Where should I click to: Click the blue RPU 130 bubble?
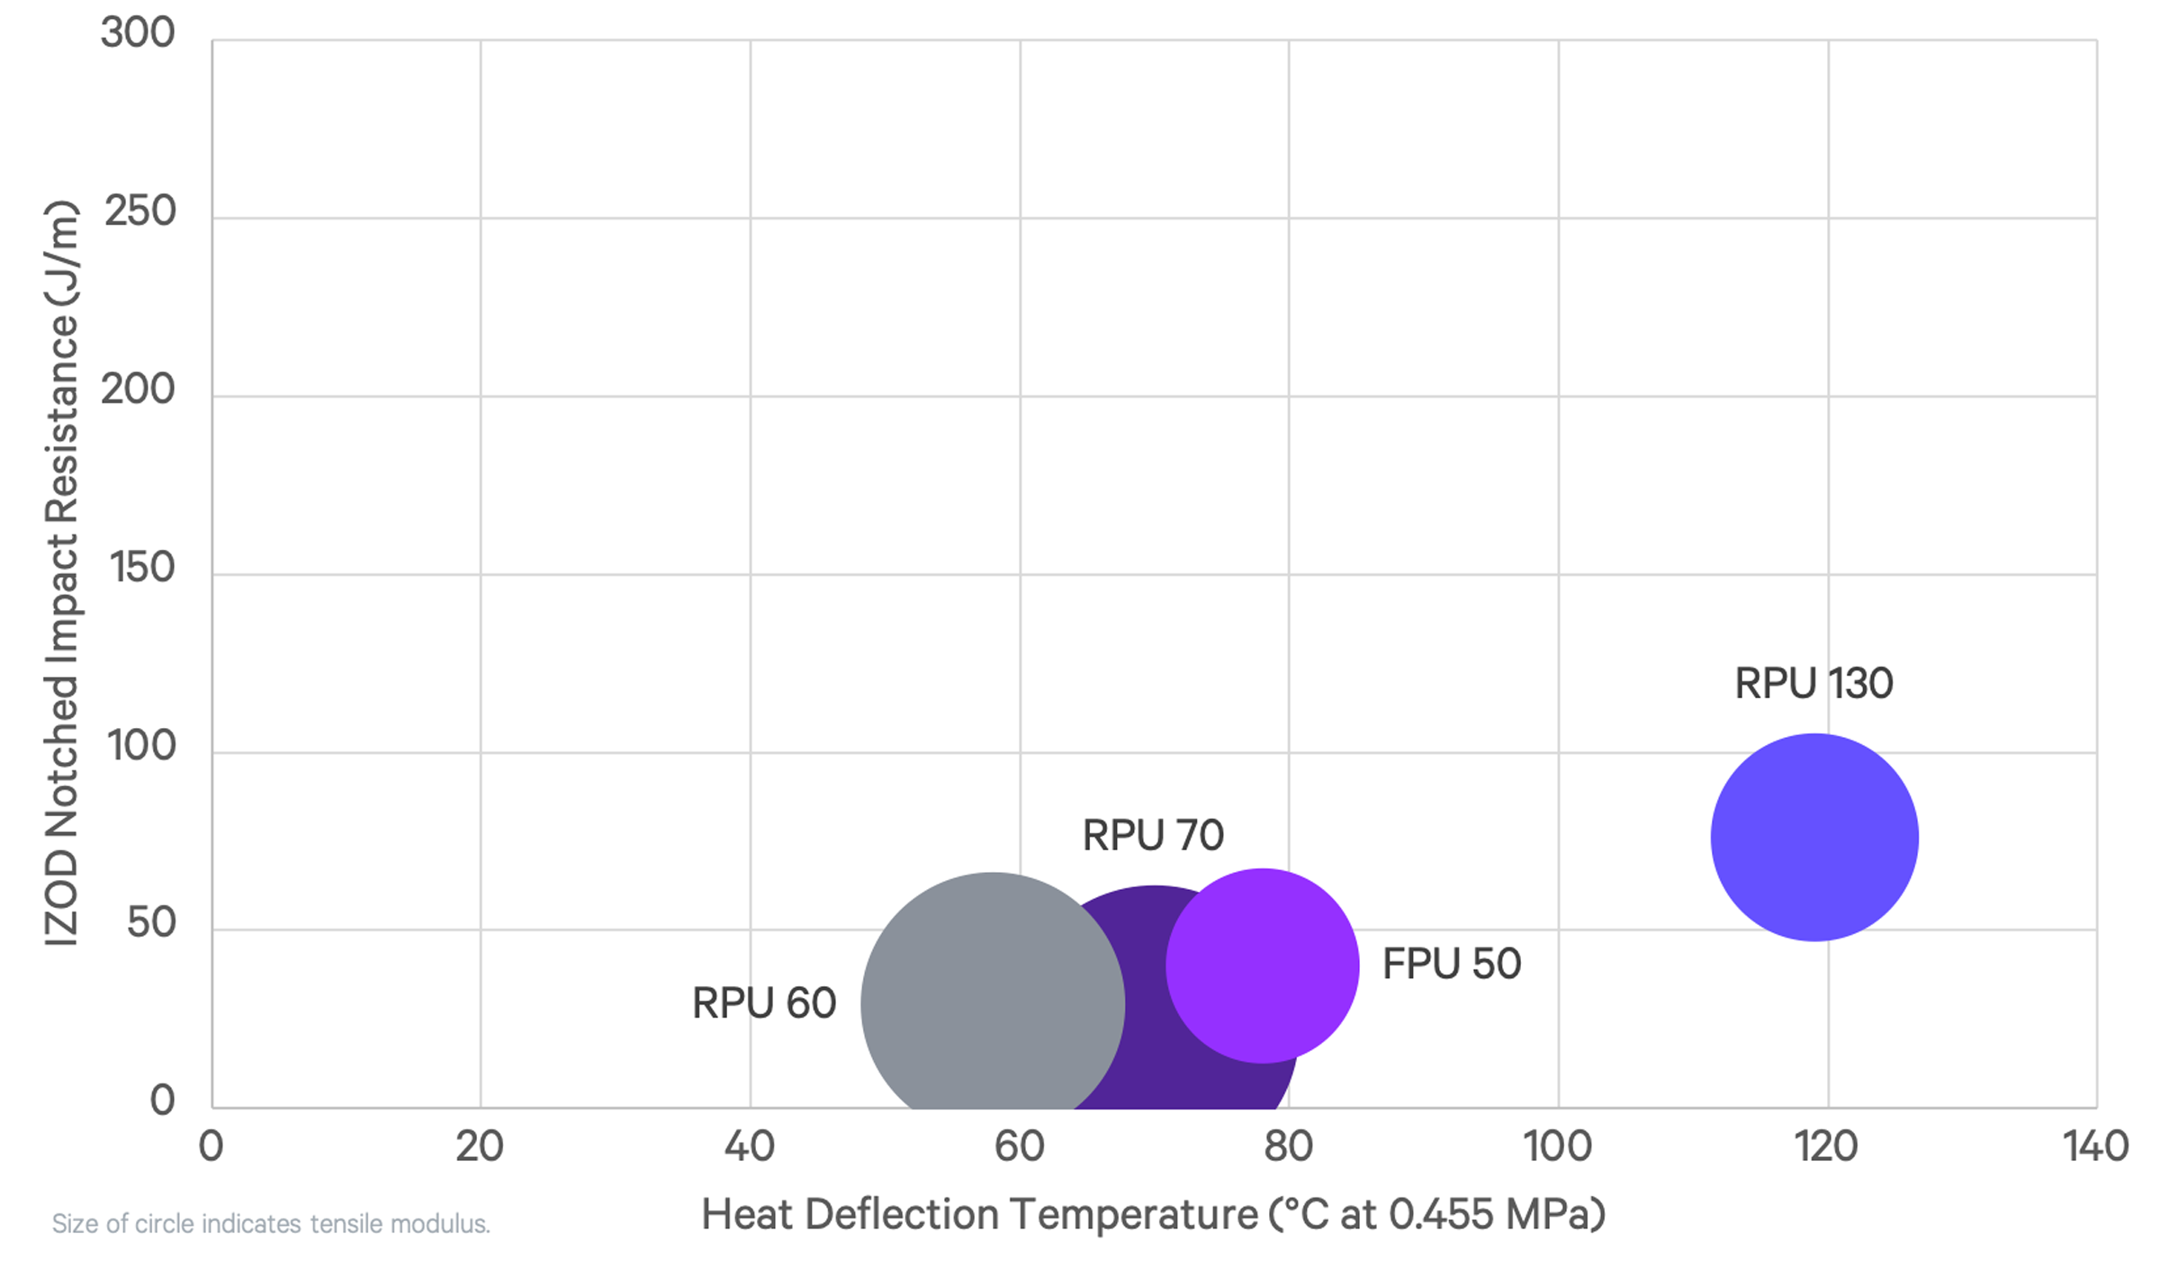tap(1814, 837)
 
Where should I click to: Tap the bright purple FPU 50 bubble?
tap(1263, 965)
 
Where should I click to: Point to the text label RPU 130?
tap(1813, 684)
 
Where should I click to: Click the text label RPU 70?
tap(1153, 835)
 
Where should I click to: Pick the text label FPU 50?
tap(1451, 964)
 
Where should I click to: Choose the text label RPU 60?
tap(764, 1002)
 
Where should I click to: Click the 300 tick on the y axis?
tap(138, 33)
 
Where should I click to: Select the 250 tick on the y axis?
tap(140, 211)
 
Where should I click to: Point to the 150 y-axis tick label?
tap(141, 568)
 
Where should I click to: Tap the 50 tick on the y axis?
tap(151, 923)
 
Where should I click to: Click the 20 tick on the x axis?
tap(480, 1146)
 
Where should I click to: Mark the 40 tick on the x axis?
tap(750, 1146)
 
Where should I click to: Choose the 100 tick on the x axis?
tap(1557, 1146)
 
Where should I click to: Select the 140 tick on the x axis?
tap(2096, 1146)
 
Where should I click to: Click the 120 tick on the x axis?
tap(1827, 1146)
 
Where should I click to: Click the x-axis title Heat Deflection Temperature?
tap(1153, 1214)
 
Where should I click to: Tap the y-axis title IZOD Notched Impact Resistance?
tap(61, 572)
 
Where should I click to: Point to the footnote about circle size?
tap(271, 1224)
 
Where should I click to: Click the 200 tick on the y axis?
tap(138, 390)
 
